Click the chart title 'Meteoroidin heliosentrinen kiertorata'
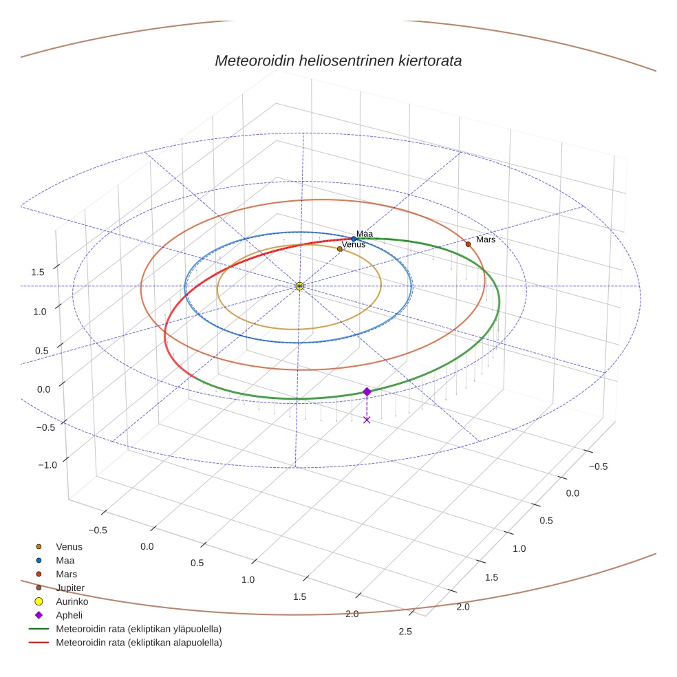(338, 61)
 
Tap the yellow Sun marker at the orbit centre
(299, 286)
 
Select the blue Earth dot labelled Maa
(354, 239)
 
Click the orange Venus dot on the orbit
(339, 249)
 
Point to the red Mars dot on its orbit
(468, 244)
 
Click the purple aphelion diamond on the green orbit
(367, 391)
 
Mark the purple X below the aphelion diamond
(367, 420)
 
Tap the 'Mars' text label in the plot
(486, 239)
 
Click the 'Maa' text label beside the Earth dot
(364, 234)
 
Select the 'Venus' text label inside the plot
(353, 244)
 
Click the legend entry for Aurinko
(72, 601)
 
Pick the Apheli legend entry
(67, 615)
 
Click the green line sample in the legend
(39, 629)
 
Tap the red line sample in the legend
(39, 643)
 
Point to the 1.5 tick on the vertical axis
(38, 272)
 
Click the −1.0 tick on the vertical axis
(47, 465)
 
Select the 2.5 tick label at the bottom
(404, 632)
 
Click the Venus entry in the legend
(69, 546)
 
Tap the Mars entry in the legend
(66, 574)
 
